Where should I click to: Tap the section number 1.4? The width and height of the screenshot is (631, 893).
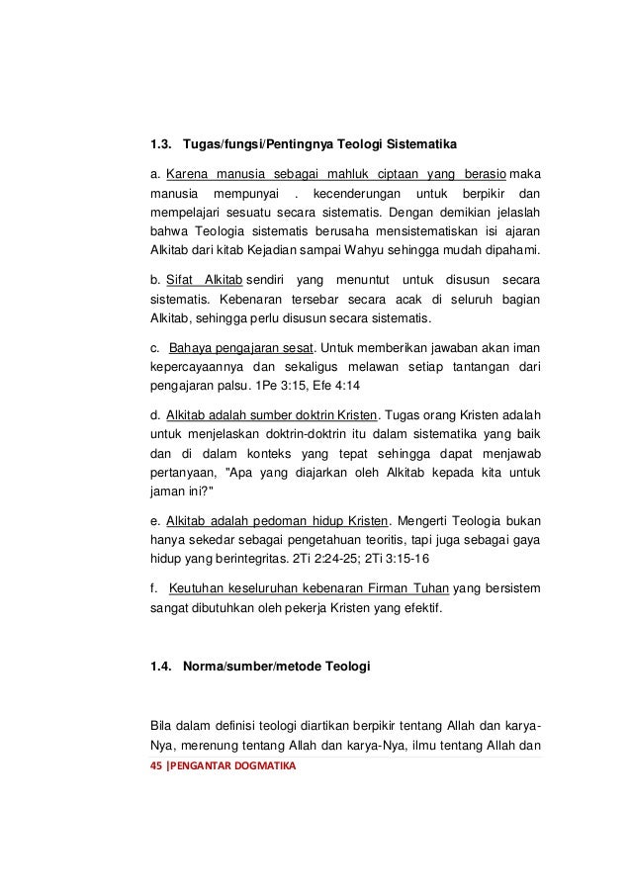[x=161, y=669]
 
